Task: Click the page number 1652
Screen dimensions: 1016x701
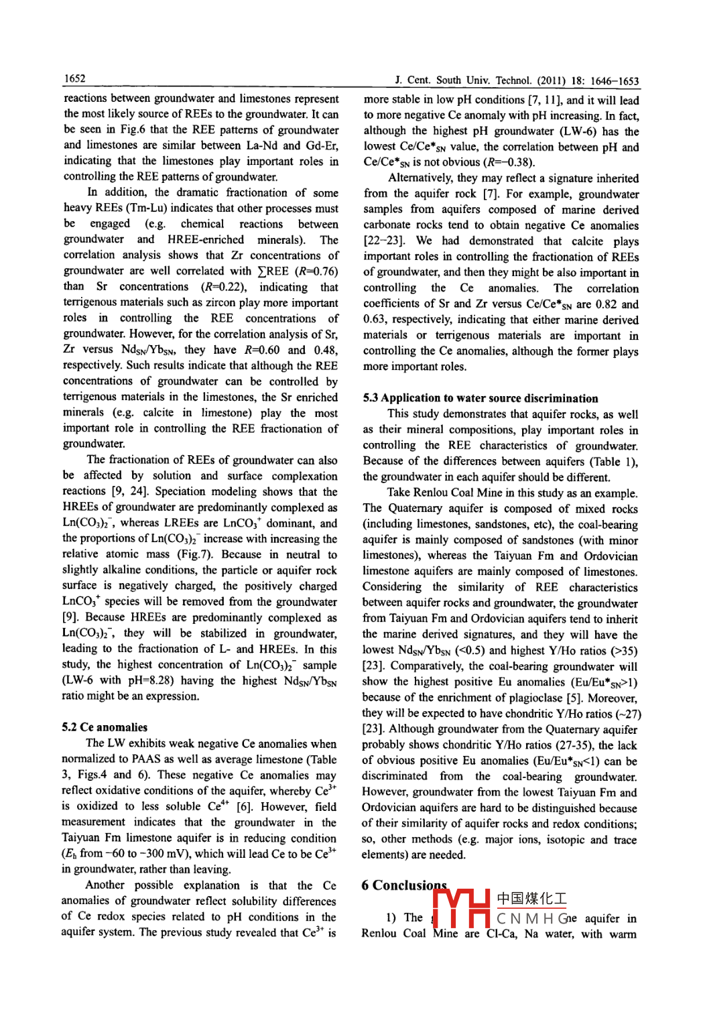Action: [74, 78]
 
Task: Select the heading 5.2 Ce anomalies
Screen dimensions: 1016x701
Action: [105, 727]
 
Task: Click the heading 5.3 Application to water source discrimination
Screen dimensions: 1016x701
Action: [481, 398]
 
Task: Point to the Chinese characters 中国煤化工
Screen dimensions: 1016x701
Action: [531, 899]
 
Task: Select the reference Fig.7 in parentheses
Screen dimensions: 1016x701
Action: [195, 554]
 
